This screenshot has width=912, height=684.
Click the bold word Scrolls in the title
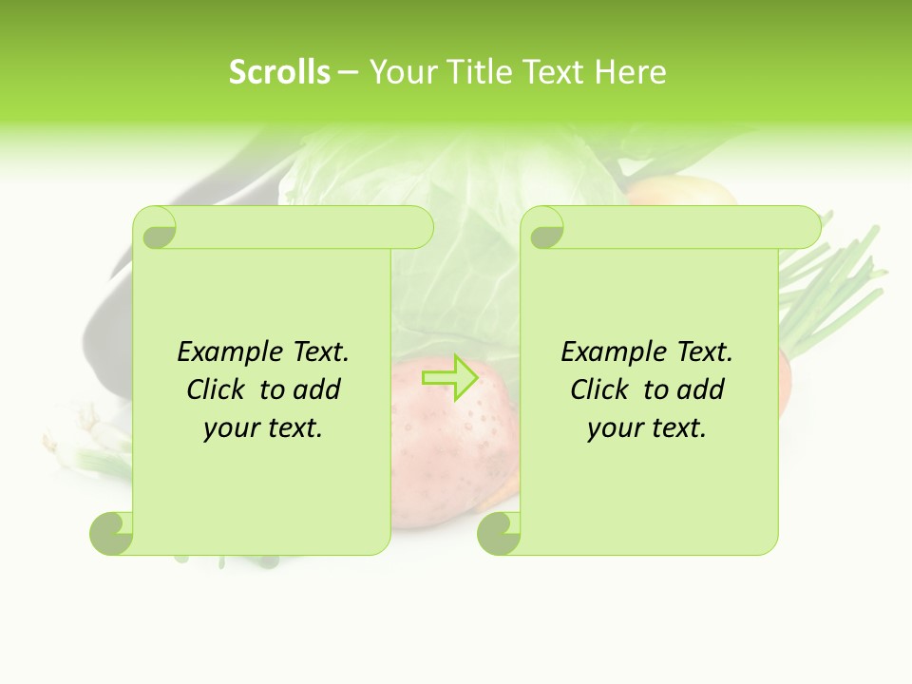279,72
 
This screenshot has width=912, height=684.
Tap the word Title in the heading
475,72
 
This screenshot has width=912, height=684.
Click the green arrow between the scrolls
449,378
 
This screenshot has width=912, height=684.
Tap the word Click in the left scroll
218,390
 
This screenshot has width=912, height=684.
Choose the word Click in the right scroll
601,390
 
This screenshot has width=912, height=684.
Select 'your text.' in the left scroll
263,428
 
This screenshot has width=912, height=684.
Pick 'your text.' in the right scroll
647,428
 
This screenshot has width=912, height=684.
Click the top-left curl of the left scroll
156,229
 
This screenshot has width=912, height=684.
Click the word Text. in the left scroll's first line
320,352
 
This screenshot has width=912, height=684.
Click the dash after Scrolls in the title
348,72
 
